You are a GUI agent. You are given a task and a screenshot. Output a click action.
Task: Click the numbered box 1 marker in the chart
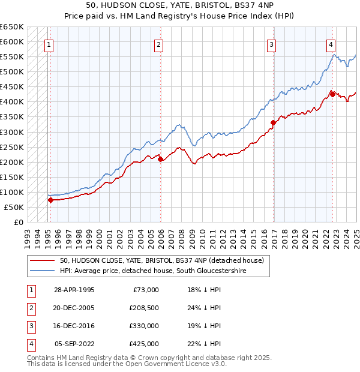coord(49,44)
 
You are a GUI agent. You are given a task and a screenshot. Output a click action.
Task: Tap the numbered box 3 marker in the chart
coord(271,44)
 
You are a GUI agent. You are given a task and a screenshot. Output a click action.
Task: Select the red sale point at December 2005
coord(160,159)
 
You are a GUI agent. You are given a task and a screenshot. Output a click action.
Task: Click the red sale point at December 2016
coord(273,122)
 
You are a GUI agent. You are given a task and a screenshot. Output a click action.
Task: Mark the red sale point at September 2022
coord(332,94)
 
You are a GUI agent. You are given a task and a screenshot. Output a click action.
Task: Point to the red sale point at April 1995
coord(50,200)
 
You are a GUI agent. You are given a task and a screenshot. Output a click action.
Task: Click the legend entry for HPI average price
coord(152,271)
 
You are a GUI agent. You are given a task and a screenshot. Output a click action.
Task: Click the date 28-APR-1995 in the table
coord(74,290)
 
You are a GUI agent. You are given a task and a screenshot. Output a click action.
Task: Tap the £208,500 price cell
coord(143,308)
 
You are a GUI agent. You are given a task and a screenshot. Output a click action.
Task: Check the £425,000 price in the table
coord(143,344)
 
